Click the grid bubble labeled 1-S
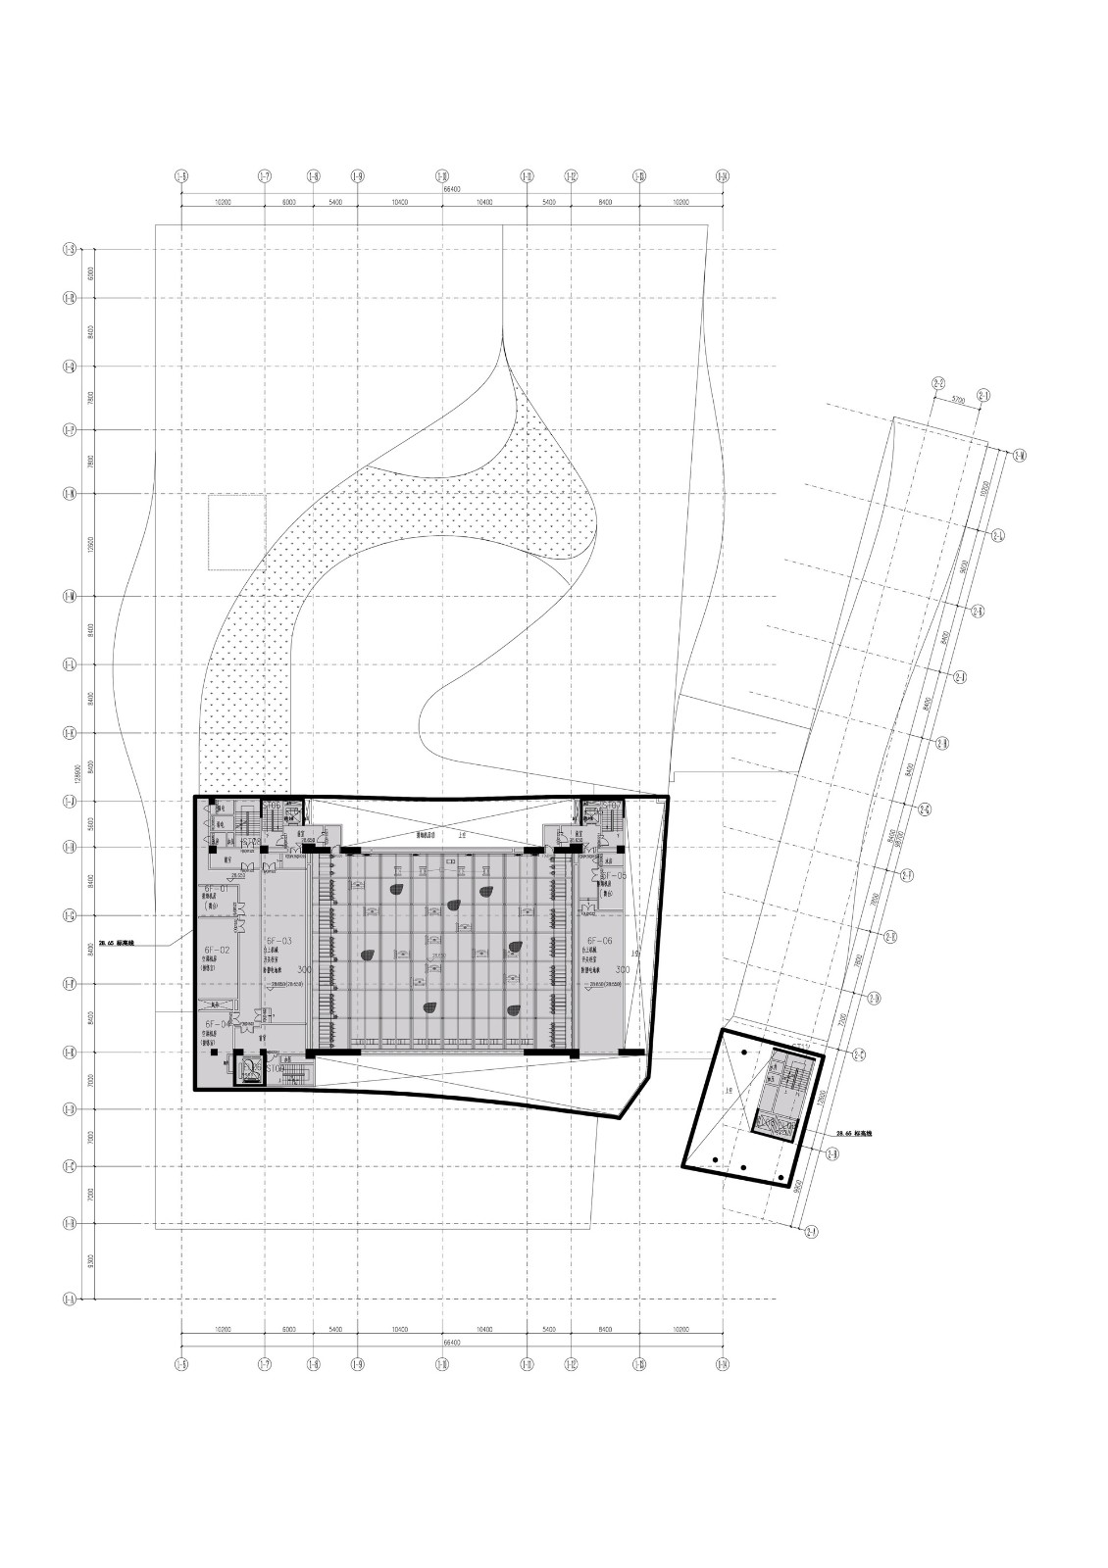70,250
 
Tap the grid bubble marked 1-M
70,596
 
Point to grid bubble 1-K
70,733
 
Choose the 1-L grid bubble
70,664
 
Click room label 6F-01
215,888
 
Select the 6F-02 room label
216,950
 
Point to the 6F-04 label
218,1024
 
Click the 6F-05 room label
613,875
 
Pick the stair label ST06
272,806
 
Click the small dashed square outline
236,532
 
